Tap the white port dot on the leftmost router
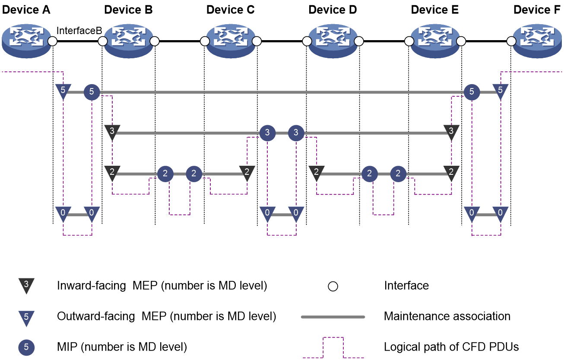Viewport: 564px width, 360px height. click(52, 41)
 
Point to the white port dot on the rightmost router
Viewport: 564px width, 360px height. click(511, 41)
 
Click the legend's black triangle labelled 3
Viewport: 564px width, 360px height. click(26, 285)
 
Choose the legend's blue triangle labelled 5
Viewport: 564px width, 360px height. click(26, 318)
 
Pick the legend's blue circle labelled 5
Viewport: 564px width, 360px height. click(26, 347)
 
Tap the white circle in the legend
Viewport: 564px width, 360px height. click(333, 286)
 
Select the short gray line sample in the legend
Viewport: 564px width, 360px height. click(333, 317)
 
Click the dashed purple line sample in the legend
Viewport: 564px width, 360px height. click(333, 338)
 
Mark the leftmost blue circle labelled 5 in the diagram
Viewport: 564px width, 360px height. click(92, 92)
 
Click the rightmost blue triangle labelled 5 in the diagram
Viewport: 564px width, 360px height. click(500, 91)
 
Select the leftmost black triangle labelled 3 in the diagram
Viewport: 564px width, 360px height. click(112, 132)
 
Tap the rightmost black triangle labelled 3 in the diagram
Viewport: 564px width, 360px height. click(451, 132)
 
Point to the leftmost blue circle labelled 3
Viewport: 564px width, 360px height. click(267, 133)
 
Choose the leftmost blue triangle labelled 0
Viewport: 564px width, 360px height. click(63, 213)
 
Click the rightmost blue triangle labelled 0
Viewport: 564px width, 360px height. click(500, 213)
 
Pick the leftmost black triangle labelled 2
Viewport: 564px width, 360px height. click(112, 173)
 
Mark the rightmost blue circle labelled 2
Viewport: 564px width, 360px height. click(398, 174)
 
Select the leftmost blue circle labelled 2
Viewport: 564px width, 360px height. click(165, 174)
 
